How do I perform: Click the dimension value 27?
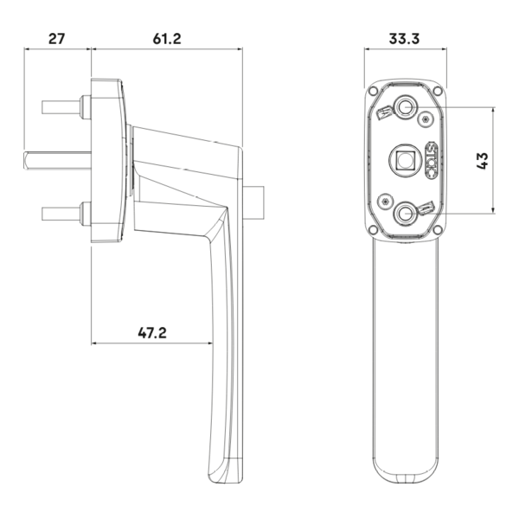[57, 39]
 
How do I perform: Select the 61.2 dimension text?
[167, 39]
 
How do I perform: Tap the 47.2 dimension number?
[152, 333]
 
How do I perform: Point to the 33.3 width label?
[404, 39]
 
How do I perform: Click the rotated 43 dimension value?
[483, 161]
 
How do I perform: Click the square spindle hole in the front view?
[404, 161]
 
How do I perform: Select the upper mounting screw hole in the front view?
[405, 107]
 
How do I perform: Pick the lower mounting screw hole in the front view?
[404, 214]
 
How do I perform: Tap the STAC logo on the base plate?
[431, 161]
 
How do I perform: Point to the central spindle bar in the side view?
[58, 161]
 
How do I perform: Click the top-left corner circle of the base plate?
[373, 90]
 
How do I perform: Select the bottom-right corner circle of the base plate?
[438, 229]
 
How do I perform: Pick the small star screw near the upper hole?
[426, 119]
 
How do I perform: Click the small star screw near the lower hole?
[385, 201]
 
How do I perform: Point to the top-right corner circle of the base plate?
[438, 90]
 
